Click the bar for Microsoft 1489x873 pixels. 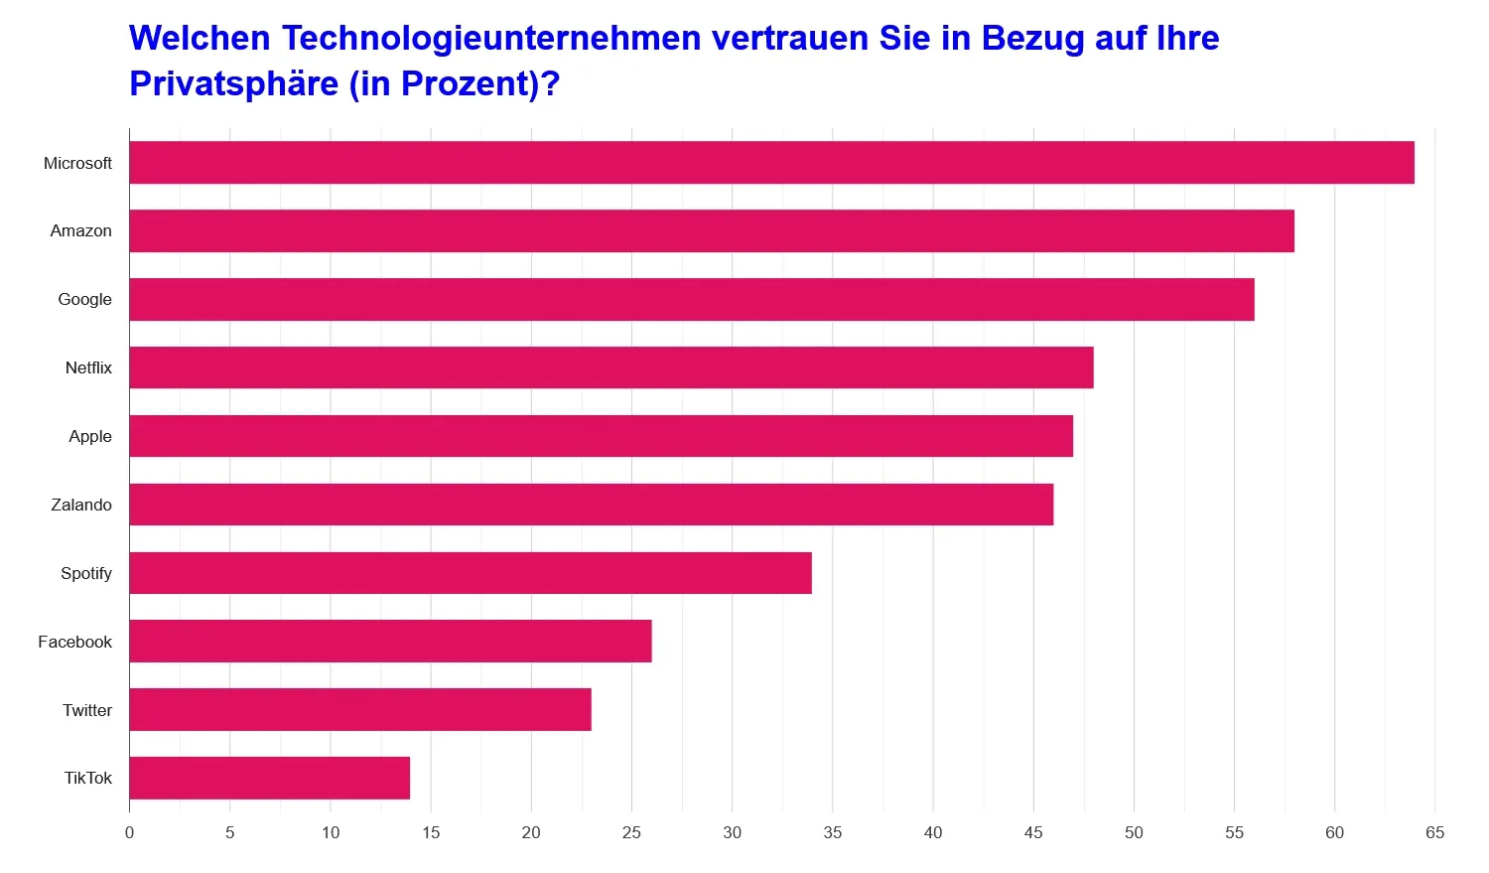(771, 163)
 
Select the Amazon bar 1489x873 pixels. (712, 231)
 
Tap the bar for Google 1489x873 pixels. (692, 300)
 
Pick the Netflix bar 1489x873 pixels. (611, 367)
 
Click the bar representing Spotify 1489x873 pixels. (471, 573)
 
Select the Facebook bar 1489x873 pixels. (390, 642)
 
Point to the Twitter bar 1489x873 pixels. (360, 710)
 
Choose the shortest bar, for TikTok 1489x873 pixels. (270, 779)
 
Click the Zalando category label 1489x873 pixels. (81, 505)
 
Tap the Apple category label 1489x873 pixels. (90, 436)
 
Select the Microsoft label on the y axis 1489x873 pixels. (77, 163)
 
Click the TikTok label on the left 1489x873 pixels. (88, 778)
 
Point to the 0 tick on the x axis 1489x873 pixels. (129, 832)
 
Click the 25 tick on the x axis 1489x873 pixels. (631, 832)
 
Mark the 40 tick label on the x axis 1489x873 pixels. (933, 832)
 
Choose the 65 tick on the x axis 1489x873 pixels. (1434, 832)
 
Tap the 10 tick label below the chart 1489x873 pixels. (331, 832)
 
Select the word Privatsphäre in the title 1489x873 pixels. (234, 83)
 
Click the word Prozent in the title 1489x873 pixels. (469, 83)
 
